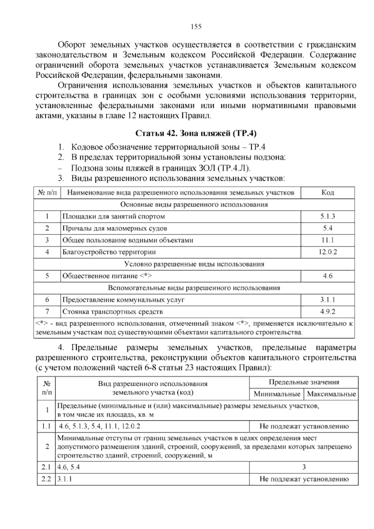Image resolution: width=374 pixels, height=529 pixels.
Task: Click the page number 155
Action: [196, 27]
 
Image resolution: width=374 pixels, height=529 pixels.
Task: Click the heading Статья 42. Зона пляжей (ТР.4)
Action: [196, 133]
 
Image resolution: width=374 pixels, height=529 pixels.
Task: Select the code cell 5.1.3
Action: [328, 216]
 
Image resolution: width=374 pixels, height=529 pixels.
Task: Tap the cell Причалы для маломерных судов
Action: [115, 228]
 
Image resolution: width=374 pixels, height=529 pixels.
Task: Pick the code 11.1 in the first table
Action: [328, 240]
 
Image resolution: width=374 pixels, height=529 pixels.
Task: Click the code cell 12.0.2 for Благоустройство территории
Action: [328, 252]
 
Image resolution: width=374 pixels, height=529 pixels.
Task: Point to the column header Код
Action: [328, 192]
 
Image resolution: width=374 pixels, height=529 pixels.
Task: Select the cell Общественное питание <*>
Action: [107, 276]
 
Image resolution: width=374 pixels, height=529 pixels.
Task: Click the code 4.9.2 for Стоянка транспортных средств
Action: [328, 312]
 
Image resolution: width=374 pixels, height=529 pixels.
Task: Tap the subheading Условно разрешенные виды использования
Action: [194, 264]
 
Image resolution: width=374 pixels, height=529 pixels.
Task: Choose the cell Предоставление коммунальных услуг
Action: [123, 300]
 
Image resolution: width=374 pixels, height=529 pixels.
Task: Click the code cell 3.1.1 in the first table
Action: [328, 300]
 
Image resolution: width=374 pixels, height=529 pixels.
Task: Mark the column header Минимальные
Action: [277, 394]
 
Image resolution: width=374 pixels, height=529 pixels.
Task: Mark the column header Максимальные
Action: [331, 394]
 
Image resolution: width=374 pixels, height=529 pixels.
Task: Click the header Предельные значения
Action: [304, 382]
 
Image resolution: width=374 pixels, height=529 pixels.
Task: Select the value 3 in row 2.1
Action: [304, 467]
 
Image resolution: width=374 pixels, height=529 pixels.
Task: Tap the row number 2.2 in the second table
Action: [46, 479]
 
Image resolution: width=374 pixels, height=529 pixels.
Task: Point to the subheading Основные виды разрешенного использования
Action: [194, 205]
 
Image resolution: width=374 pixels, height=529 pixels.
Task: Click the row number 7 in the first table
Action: [47, 312]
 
